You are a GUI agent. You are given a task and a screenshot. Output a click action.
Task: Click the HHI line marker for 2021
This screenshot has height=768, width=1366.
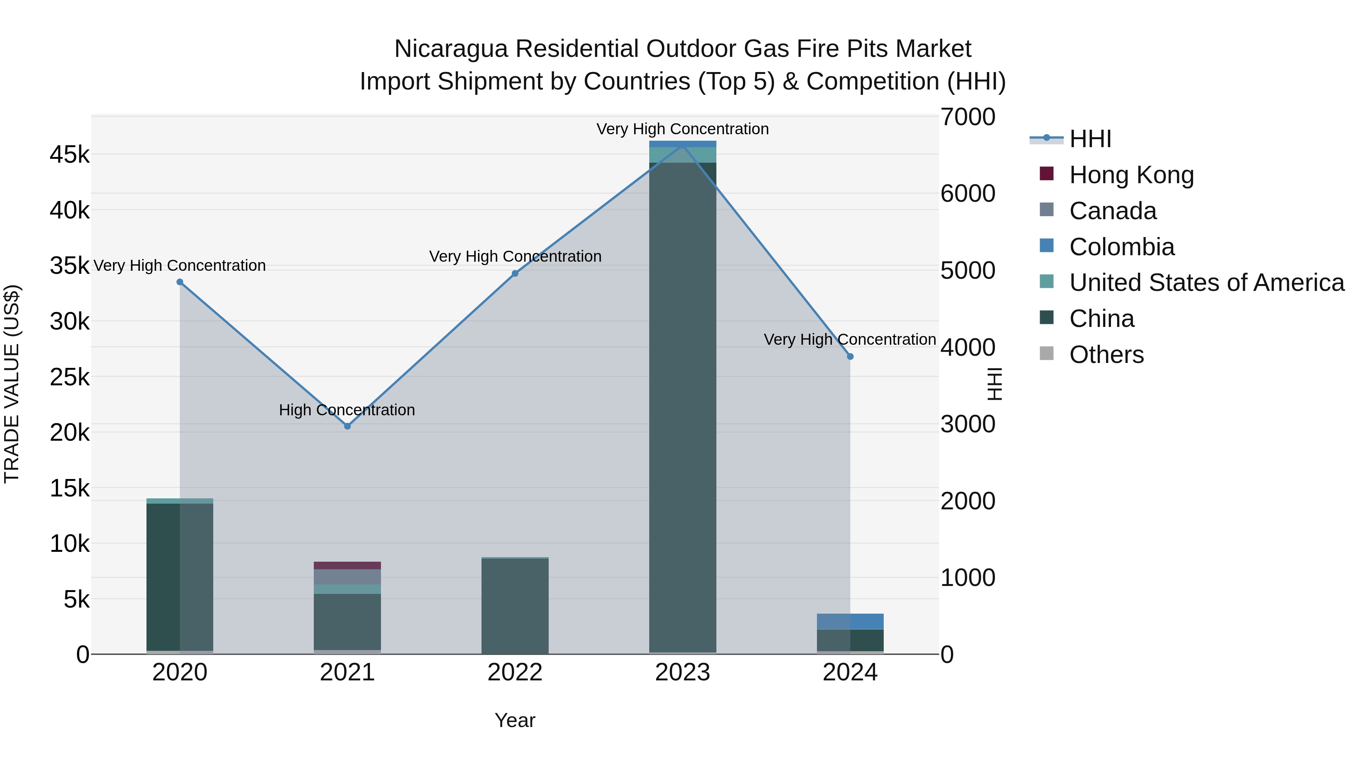[x=347, y=426]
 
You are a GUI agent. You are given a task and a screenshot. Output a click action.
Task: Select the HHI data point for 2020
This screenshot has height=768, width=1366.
[x=180, y=282]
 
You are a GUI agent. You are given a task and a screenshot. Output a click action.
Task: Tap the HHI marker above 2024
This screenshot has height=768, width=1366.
[x=850, y=357]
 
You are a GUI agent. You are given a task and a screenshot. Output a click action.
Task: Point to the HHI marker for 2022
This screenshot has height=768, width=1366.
[x=515, y=273]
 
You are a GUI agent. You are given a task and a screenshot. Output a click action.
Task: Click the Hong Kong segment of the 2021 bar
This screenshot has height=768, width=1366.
[x=347, y=565]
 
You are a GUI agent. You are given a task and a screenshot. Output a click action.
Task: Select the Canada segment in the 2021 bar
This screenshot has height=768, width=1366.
[x=347, y=576]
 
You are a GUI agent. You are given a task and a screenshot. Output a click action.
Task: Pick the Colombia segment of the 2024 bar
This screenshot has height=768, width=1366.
[x=850, y=621]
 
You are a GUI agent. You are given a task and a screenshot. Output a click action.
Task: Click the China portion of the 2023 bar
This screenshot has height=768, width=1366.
[x=683, y=408]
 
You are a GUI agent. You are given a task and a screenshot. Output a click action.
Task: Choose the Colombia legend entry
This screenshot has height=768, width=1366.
[x=1122, y=247]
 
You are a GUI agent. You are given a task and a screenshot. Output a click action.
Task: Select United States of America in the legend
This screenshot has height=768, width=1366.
[x=1206, y=283]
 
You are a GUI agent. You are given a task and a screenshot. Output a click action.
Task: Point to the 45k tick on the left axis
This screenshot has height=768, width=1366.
[x=69, y=155]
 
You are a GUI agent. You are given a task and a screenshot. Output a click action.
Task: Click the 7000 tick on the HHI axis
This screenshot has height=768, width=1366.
[x=968, y=117]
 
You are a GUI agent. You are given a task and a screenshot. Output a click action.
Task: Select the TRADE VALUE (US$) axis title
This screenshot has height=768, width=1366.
[x=12, y=384]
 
